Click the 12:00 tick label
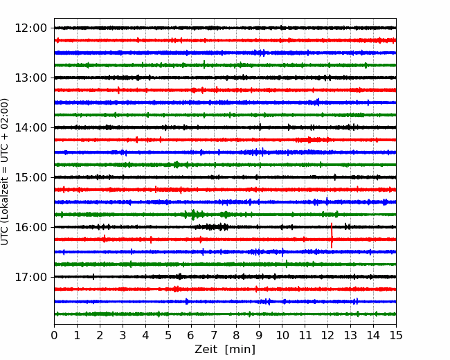click(x=30, y=28)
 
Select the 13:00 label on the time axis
click(x=30, y=78)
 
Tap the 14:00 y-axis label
click(x=30, y=127)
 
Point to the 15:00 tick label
click(x=30, y=177)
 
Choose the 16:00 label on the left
click(x=30, y=227)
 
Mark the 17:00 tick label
click(x=30, y=277)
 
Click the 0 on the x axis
click(x=54, y=335)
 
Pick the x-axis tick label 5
click(x=168, y=335)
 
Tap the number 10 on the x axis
click(x=282, y=335)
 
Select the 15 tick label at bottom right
click(x=396, y=335)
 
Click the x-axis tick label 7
click(x=214, y=335)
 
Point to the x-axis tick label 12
click(x=327, y=335)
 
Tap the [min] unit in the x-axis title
click(x=240, y=350)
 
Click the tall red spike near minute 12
click(x=332, y=235)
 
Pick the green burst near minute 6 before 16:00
click(x=194, y=215)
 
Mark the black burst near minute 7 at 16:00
click(x=213, y=227)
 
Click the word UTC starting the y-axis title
click(x=4, y=237)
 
